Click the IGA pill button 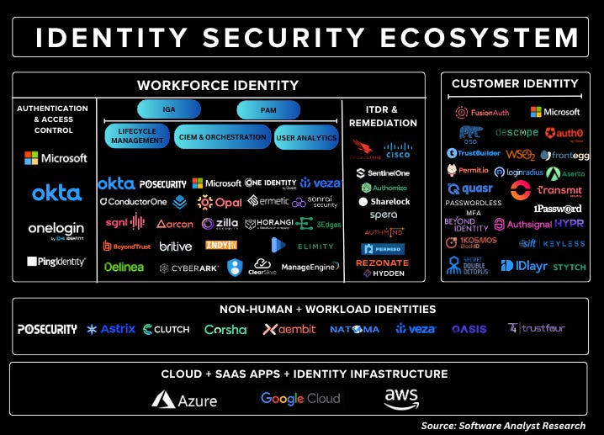point(169,109)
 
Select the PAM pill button point(268,110)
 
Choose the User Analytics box point(306,137)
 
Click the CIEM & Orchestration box point(222,137)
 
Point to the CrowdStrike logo point(366,151)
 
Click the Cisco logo point(397,151)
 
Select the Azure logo point(185,400)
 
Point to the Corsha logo point(225,330)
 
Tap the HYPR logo point(569,224)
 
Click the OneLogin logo point(56,230)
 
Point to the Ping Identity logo point(56,262)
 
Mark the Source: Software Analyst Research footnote point(503,426)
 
